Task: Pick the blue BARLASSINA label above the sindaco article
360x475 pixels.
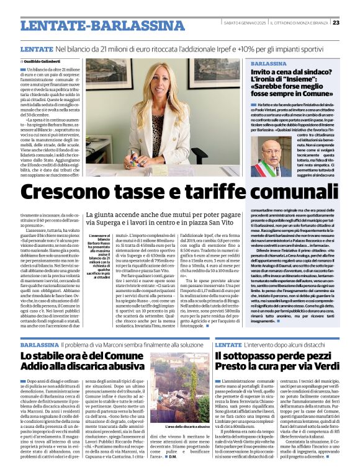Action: pyautogui.click(x=269, y=63)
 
